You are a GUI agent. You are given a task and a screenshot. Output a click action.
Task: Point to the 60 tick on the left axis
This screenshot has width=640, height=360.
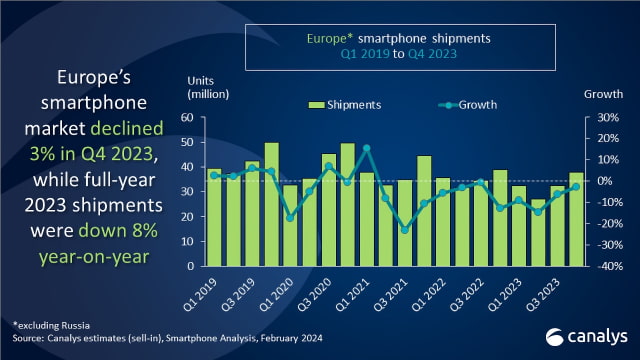click(x=187, y=118)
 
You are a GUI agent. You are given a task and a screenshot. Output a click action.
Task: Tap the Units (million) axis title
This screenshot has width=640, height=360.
click(x=208, y=87)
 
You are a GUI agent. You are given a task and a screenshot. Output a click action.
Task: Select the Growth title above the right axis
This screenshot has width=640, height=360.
click(x=603, y=94)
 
